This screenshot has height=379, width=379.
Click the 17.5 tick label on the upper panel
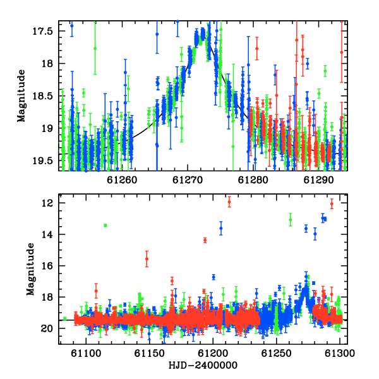(x=42, y=32)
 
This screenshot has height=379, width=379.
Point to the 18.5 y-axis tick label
(x=42, y=96)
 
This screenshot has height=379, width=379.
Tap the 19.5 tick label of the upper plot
(x=42, y=161)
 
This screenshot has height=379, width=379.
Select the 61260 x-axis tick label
(x=122, y=180)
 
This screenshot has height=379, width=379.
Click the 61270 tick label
(x=188, y=180)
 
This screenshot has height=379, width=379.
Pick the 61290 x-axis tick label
(x=318, y=180)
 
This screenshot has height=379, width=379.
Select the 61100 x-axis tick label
(x=86, y=353)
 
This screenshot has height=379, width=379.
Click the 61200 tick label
(x=213, y=353)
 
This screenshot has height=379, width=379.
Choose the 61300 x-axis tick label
(x=339, y=353)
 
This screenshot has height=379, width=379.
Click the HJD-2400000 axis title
(x=203, y=365)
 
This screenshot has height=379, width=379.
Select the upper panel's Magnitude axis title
(x=21, y=96)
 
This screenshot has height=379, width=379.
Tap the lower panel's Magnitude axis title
(x=30, y=269)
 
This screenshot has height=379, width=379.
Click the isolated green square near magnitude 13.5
(x=105, y=226)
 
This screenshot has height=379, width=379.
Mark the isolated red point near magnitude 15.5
(x=147, y=259)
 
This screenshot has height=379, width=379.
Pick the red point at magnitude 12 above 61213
(x=229, y=202)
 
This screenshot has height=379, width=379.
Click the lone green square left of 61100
(x=65, y=319)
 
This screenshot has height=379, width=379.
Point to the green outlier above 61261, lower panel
(x=291, y=220)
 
